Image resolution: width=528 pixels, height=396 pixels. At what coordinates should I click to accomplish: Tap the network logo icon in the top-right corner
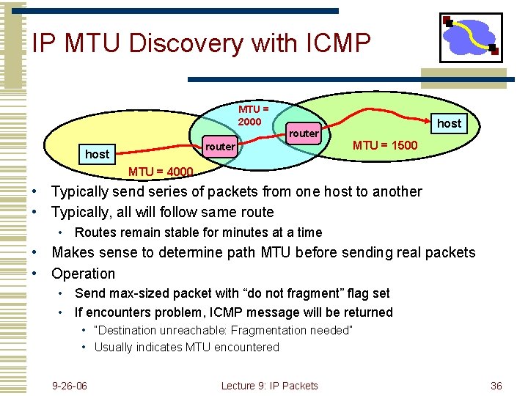(x=471, y=37)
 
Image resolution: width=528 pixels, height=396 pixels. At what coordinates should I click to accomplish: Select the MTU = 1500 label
(x=385, y=145)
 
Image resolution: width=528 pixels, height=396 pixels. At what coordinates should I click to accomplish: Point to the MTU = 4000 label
(x=161, y=172)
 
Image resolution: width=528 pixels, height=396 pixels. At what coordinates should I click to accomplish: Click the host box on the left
(x=97, y=154)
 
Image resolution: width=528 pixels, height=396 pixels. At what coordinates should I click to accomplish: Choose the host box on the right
(x=449, y=123)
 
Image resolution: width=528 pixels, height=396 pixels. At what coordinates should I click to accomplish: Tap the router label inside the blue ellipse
(x=304, y=133)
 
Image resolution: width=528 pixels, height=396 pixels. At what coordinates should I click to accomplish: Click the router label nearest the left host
(x=220, y=147)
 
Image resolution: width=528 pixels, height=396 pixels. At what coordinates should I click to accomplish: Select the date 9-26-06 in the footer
(x=70, y=386)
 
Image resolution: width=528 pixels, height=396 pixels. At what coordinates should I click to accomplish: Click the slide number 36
(x=496, y=386)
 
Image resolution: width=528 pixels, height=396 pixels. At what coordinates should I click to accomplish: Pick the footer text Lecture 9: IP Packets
(x=269, y=386)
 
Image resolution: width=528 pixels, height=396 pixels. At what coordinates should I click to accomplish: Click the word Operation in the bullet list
(x=83, y=274)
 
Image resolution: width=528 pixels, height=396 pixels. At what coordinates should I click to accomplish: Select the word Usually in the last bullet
(x=114, y=347)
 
